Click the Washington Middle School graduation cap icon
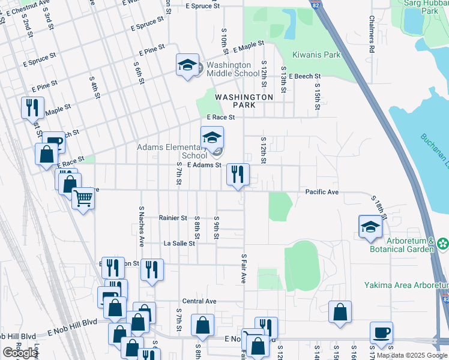[x=187, y=64]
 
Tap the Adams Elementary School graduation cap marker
[x=211, y=137]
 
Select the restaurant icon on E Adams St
[x=238, y=175]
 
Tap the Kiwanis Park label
[x=316, y=55]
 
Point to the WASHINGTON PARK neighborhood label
[x=244, y=101]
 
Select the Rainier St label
[x=173, y=218]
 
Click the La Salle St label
[x=179, y=244]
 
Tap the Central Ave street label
[x=199, y=301]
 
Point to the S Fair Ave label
[x=244, y=268]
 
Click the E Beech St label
[x=304, y=77]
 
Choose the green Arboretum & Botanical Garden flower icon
[x=442, y=244]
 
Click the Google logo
[x=19, y=353]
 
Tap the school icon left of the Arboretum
[x=370, y=227]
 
